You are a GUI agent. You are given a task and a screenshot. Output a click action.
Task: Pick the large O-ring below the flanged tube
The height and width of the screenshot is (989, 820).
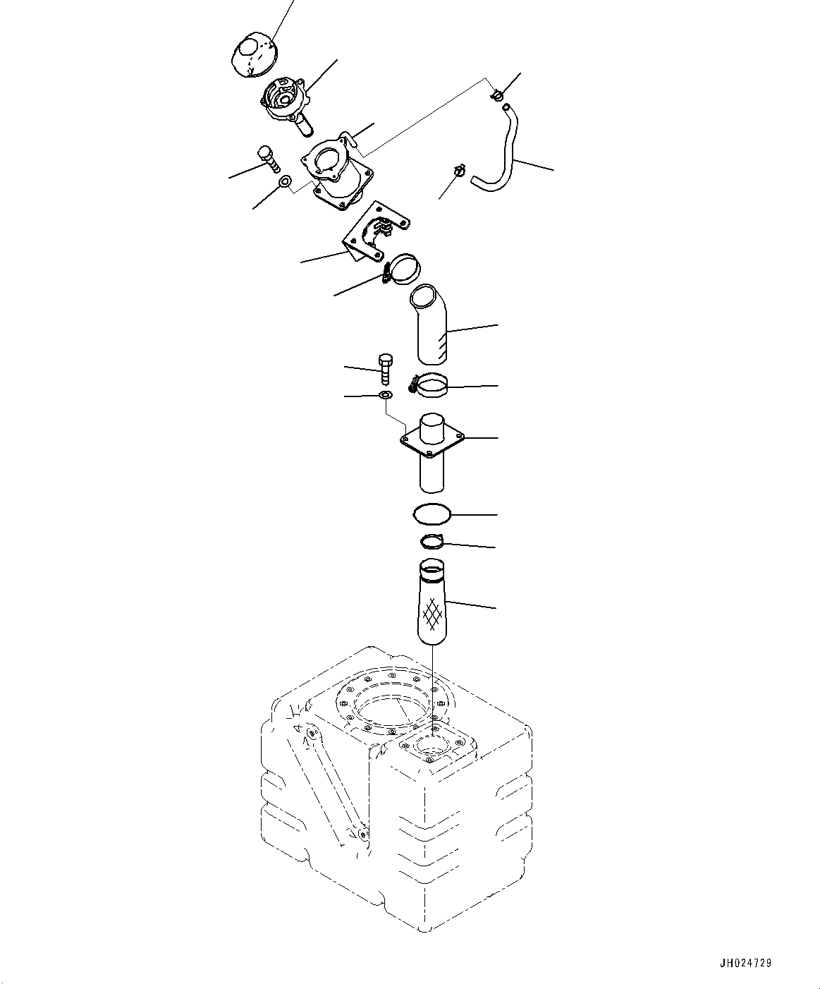click(x=431, y=514)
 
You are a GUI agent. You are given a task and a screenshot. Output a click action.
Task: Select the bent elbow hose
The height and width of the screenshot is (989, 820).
click(x=427, y=323)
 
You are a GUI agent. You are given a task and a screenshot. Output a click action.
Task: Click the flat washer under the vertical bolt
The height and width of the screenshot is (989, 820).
click(x=385, y=395)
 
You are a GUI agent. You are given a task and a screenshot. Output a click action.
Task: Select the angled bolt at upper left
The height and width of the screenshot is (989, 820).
click(x=267, y=159)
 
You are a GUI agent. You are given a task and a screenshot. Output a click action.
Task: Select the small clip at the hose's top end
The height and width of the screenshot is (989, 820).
click(x=497, y=93)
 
